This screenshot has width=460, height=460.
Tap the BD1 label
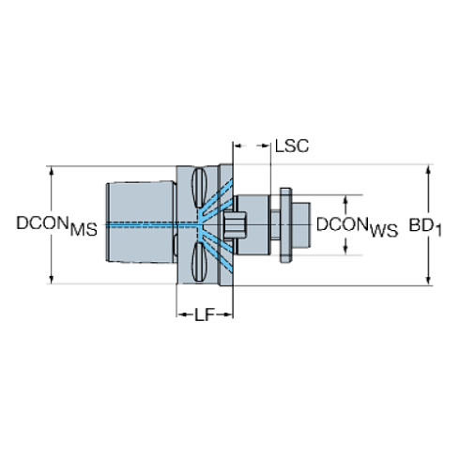[x=427, y=226]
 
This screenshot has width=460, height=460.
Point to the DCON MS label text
[x=54, y=225]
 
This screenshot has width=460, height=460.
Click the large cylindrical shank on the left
[x=141, y=225]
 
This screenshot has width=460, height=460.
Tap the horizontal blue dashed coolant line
[x=150, y=225]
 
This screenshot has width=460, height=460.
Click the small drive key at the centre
[x=234, y=225]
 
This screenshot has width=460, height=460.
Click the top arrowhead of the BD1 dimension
[x=428, y=171]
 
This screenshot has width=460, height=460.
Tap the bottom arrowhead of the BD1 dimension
[x=428, y=279]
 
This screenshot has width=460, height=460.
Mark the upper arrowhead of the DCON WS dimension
[x=345, y=199]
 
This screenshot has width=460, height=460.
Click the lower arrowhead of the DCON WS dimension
[x=345, y=252]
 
